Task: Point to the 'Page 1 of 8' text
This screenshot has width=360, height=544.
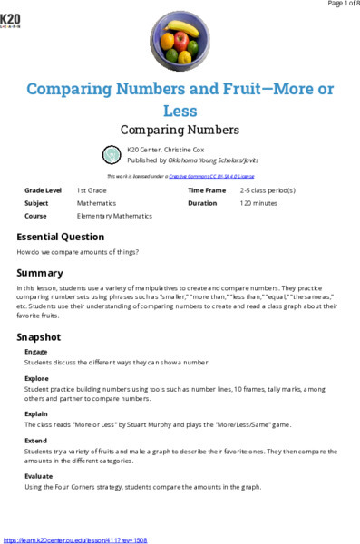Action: point(336,5)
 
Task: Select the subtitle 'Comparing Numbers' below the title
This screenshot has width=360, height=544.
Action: point(180,130)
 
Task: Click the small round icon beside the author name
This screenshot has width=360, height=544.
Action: point(111,152)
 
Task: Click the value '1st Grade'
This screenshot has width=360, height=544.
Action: point(93,191)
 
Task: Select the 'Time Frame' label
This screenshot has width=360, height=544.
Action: point(207,191)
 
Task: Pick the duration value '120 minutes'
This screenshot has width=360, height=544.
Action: point(258,204)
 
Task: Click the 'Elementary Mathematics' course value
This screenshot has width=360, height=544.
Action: point(114,217)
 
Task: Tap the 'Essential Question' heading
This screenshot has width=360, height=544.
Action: point(61,237)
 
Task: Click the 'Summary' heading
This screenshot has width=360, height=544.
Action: point(40,273)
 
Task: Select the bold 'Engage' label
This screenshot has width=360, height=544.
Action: point(36,352)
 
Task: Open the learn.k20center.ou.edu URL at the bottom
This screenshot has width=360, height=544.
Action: point(75,539)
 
